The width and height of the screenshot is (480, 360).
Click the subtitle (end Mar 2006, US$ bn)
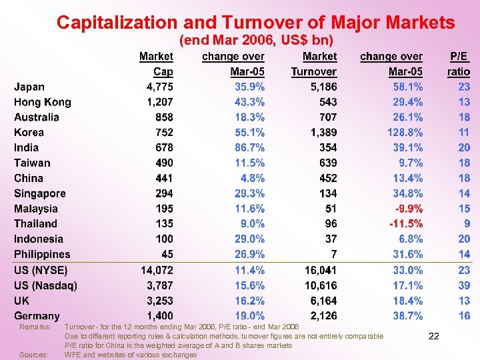click(x=257, y=41)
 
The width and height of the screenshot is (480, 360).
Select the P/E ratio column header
click(x=459, y=64)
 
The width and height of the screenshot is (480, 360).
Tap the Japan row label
click(x=29, y=87)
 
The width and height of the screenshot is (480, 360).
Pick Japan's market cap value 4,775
click(x=159, y=87)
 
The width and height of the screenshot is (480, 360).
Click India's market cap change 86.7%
click(x=249, y=148)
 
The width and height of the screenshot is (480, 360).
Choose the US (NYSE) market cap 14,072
click(x=157, y=270)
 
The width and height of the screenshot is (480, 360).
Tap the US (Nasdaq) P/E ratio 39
click(x=464, y=285)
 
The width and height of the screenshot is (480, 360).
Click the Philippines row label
click(x=42, y=255)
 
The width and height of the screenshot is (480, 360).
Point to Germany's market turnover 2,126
click(x=323, y=316)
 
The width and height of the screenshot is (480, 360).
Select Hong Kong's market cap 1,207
click(x=159, y=102)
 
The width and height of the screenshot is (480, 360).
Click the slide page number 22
click(x=433, y=337)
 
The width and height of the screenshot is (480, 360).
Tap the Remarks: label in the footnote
click(x=35, y=327)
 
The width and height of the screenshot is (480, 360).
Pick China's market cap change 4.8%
click(x=253, y=178)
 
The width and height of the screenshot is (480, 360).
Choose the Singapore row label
click(x=40, y=193)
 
